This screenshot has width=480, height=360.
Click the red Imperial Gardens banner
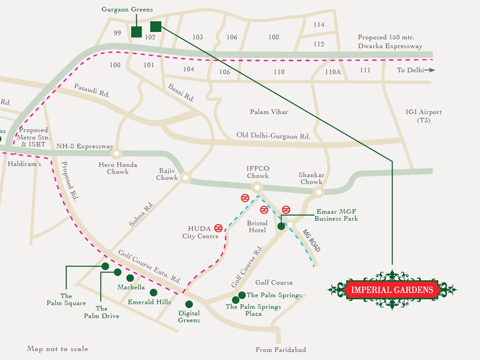[392, 290]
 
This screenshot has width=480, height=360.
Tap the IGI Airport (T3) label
[424, 116]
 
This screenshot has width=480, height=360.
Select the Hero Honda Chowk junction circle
[116, 153]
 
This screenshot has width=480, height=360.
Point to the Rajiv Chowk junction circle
[186, 178]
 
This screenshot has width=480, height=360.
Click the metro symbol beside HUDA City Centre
[218, 228]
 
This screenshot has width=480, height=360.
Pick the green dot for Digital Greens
[189, 304]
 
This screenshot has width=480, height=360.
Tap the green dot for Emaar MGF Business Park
[281, 226]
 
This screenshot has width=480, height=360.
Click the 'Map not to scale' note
[57, 349]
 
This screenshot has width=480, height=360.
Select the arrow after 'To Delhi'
[431, 70]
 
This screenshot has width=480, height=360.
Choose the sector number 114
[319, 25]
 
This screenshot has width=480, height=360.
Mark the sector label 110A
[333, 72]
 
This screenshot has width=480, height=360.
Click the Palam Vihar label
[269, 112]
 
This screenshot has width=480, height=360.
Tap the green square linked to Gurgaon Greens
[136, 32]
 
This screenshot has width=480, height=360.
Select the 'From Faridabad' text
[280, 350]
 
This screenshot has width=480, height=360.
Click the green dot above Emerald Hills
[153, 292]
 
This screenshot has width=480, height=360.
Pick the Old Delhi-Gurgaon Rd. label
[273, 136]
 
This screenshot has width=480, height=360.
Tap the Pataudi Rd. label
[91, 90]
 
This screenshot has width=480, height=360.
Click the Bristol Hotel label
[257, 227]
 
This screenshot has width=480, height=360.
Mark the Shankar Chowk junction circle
[319, 192]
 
